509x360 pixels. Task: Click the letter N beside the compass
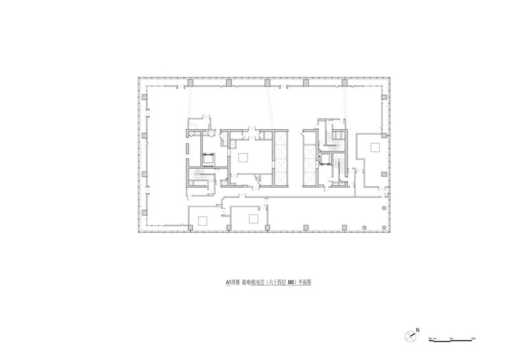[x=417, y=330]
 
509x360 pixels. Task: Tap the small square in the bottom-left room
[x=202, y=220]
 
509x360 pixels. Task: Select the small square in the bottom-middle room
[x=253, y=219]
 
